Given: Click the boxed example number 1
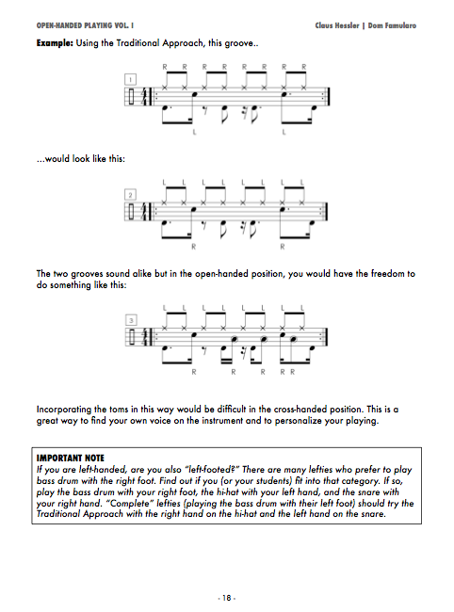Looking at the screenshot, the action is pyautogui.click(x=130, y=80).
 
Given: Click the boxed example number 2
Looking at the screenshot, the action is pyautogui.click(x=130, y=194).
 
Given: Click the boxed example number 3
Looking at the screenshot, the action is pyautogui.click(x=131, y=320).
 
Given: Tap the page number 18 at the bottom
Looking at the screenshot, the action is pyautogui.click(x=227, y=598).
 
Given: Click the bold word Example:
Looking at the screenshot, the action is pyautogui.click(x=55, y=43).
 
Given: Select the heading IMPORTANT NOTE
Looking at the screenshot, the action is pyautogui.click(x=71, y=459).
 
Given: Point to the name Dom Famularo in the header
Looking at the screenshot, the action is pyautogui.click(x=392, y=25).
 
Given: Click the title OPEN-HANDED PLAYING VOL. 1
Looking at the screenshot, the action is pyautogui.click(x=85, y=25).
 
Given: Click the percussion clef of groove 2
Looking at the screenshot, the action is pyautogui.click(x=131, y=212).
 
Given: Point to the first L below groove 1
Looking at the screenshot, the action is pyautogui.click(x=194, y=133).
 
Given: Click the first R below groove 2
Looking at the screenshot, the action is pyautogui.click(x=194, y=247).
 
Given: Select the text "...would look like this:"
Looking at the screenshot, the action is pyautogui.click(x=81, y=159).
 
